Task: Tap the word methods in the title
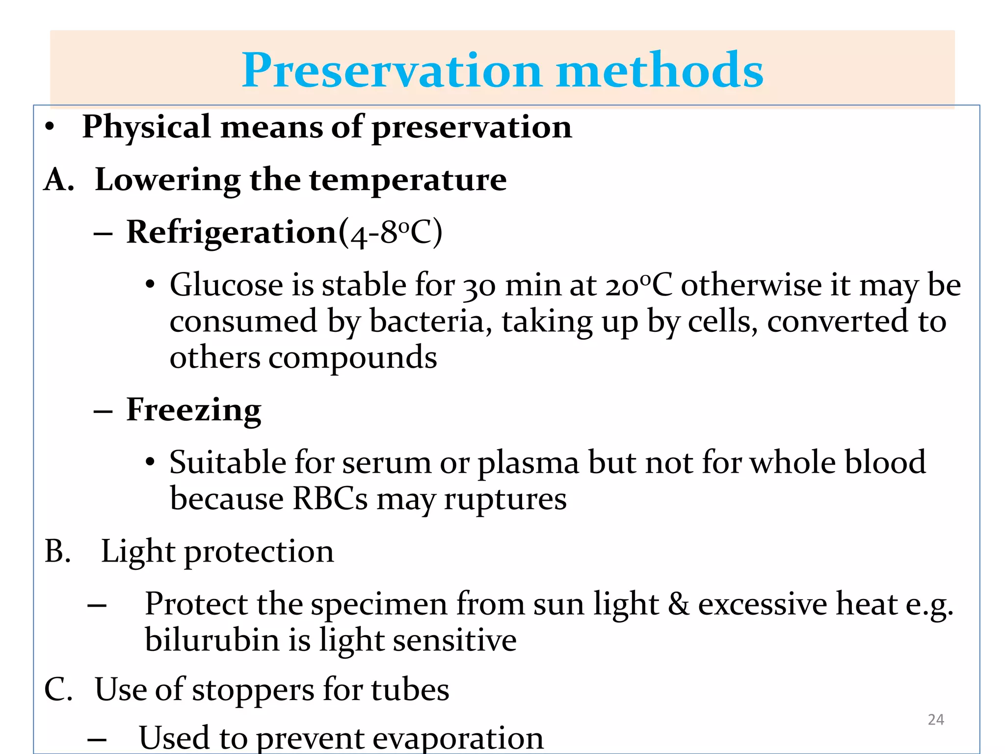[x=660, y=71]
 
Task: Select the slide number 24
[x=936, y=720]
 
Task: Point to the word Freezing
[x=194, y=410]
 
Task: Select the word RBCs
[x=330, y=499]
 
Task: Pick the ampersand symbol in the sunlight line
[x=678, y=604]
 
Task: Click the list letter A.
[x=58, y=180]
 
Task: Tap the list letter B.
[x=57, y=551]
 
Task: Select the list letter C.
[x=58, y=690]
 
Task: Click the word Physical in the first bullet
[x=147, y=127]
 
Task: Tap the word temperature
[x=408, y=180]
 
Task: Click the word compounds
[x=352, y=358]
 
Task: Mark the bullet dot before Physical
[x=49, y=128]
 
